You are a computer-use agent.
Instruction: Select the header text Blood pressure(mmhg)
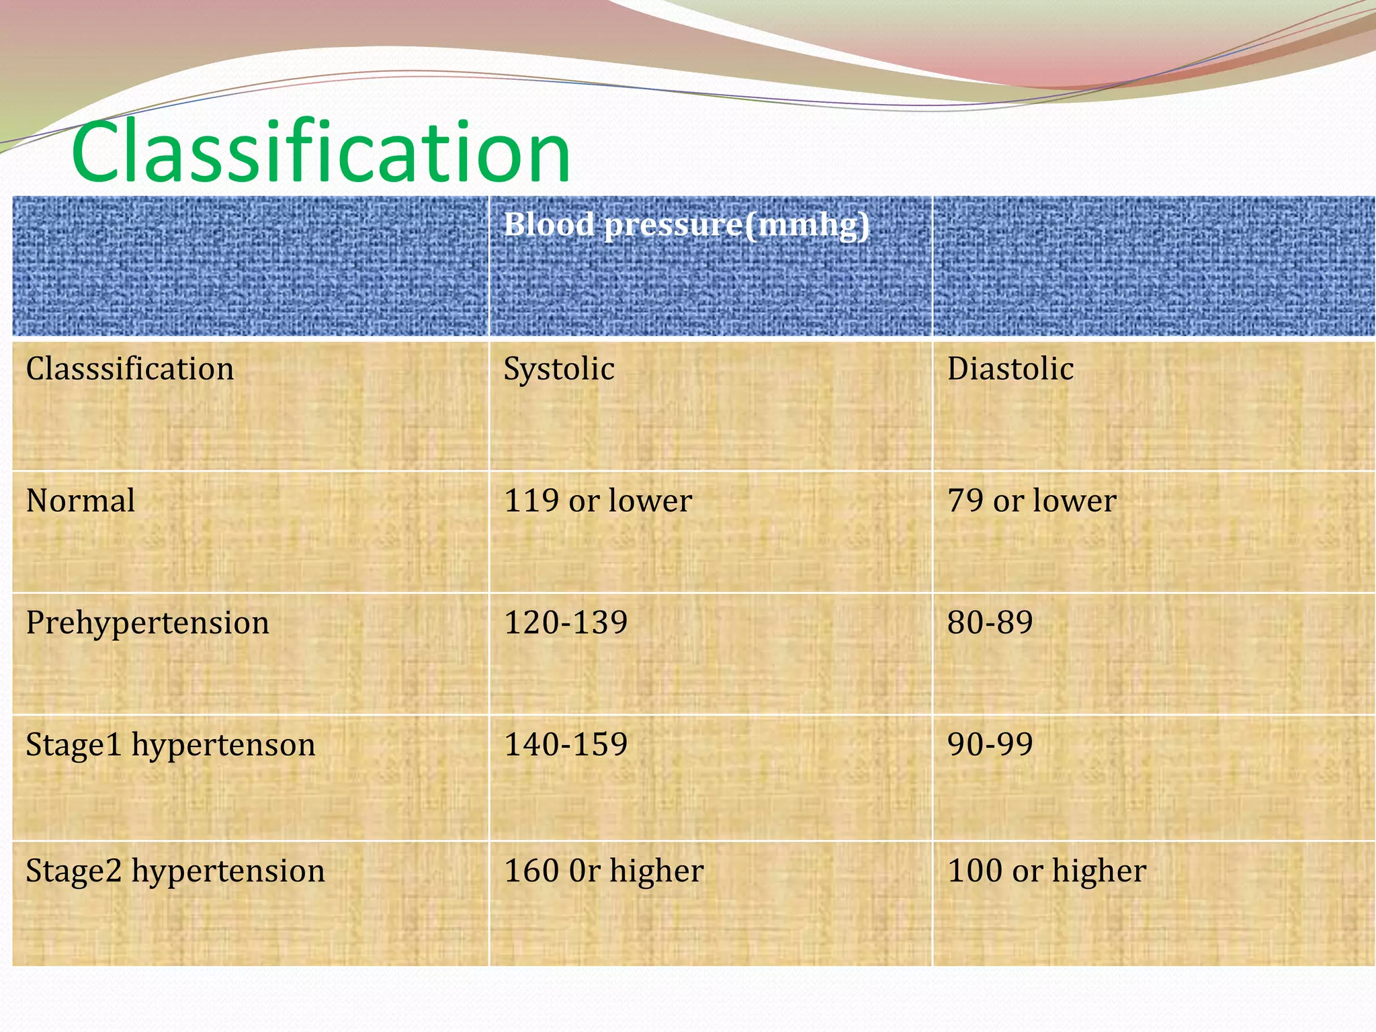click(686, 224)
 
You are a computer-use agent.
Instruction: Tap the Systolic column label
click(558, 369)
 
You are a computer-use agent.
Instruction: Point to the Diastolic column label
click(1010, 369)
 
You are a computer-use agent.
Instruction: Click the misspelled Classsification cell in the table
click(130, 369)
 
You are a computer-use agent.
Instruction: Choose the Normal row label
click(81, 501)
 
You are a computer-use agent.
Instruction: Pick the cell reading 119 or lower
click(597, 501)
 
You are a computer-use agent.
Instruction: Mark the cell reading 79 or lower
click(1031, 501)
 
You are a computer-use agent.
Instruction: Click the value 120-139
click(566, 622)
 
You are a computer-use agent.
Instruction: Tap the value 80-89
click(990, 622)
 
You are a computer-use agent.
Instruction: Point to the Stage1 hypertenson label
click(170, 745)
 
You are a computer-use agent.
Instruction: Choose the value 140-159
click(566, 744)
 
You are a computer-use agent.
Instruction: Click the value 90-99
click(990, 744)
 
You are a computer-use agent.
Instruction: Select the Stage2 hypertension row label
click(175, 871)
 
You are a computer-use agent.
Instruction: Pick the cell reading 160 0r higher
click(603, 871)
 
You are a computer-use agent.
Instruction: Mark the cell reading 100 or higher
click(1046, 871)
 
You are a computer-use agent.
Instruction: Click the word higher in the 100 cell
click(1099, 871)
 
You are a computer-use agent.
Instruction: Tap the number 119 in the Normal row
click(531, 501)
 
